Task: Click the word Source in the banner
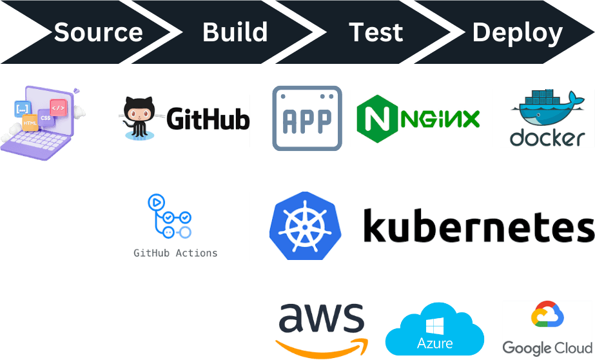98,32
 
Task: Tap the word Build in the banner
235,32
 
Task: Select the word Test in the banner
376,32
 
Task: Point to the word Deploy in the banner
517,33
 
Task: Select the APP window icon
307,118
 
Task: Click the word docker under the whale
547,137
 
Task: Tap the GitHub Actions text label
175,253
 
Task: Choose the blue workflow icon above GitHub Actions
169,217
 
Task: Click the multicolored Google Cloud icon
547,317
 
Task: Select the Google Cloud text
547,348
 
